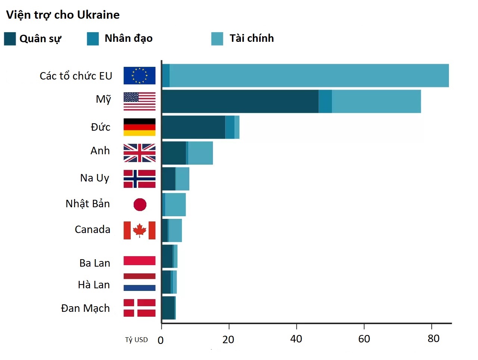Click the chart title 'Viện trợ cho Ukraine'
click(63, 15)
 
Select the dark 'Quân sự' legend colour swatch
click(10, 38)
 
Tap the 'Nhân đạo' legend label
click(128, 38)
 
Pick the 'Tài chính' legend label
click(251, 38)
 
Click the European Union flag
click(139, 75)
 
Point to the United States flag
click(139, 101)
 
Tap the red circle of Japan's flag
click(140, 204)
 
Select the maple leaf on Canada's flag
click(140, 230)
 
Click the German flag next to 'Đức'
click(139, 127)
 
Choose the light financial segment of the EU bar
click(309, 75)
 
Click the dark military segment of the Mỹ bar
click(240, 101)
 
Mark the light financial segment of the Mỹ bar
click(376, 101)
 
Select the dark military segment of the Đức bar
click(193, 127)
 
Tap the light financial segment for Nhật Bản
click(175, 204)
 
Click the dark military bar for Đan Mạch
click(168, 308)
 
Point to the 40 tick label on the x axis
click(296, 339)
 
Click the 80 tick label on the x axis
click(433, 338)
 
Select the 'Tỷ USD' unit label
click(136, 339)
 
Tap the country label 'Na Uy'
click(94, 178)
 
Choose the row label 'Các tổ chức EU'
click(76, 76)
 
